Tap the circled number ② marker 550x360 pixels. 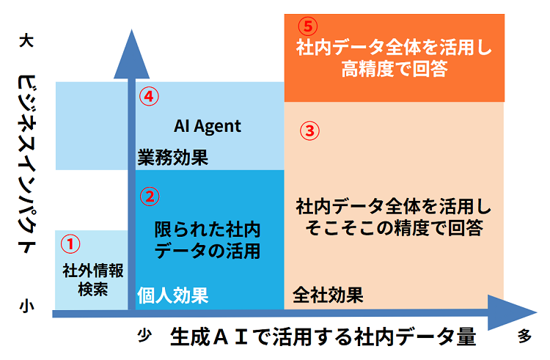(x=149, y=196)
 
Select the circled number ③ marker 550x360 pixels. (x=310, y=131)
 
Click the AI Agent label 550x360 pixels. (x=207, y=126)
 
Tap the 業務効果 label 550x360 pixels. (x=172, y=157)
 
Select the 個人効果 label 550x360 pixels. (x=173, y=295)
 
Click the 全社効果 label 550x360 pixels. (x=328, y=295)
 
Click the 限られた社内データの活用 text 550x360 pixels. (x=208, y=240)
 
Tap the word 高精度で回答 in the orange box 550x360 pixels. (x=395, y=70)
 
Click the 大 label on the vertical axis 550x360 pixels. (x=24, y=43)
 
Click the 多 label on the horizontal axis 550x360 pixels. (x=524, y=337)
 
